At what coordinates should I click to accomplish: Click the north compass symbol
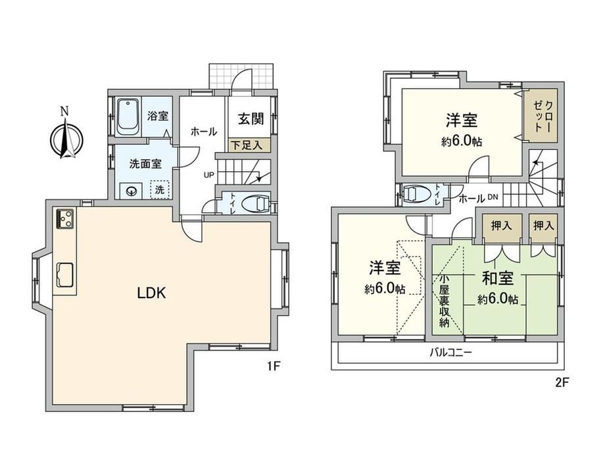[x=67, y=138]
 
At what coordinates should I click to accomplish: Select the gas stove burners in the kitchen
[x=65, y=219]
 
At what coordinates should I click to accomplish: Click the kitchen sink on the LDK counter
[x=65, y=274]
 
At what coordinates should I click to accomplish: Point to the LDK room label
[x=152, y=293]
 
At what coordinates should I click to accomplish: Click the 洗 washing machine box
[x=160, y=189]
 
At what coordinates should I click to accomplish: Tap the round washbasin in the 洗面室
[x=132, y=191]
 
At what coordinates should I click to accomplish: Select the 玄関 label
[x=251, y=118]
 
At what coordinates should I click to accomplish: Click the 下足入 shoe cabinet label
[x=247, y=145]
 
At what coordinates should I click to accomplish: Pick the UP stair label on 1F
[x=208, y=175]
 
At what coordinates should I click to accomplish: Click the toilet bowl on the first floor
[x=256, y=203]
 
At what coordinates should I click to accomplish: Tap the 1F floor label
[x=273, y=366]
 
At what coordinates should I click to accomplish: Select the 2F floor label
[x=562, y=382]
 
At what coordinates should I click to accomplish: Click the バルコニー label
[x=451, y=352]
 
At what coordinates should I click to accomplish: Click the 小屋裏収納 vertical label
[x=444, y=300]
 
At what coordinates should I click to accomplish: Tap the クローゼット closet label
[x=543, y=116]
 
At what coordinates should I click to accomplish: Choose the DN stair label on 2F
[x=493, y=197]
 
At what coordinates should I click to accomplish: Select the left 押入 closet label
[x=501, y=226]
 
